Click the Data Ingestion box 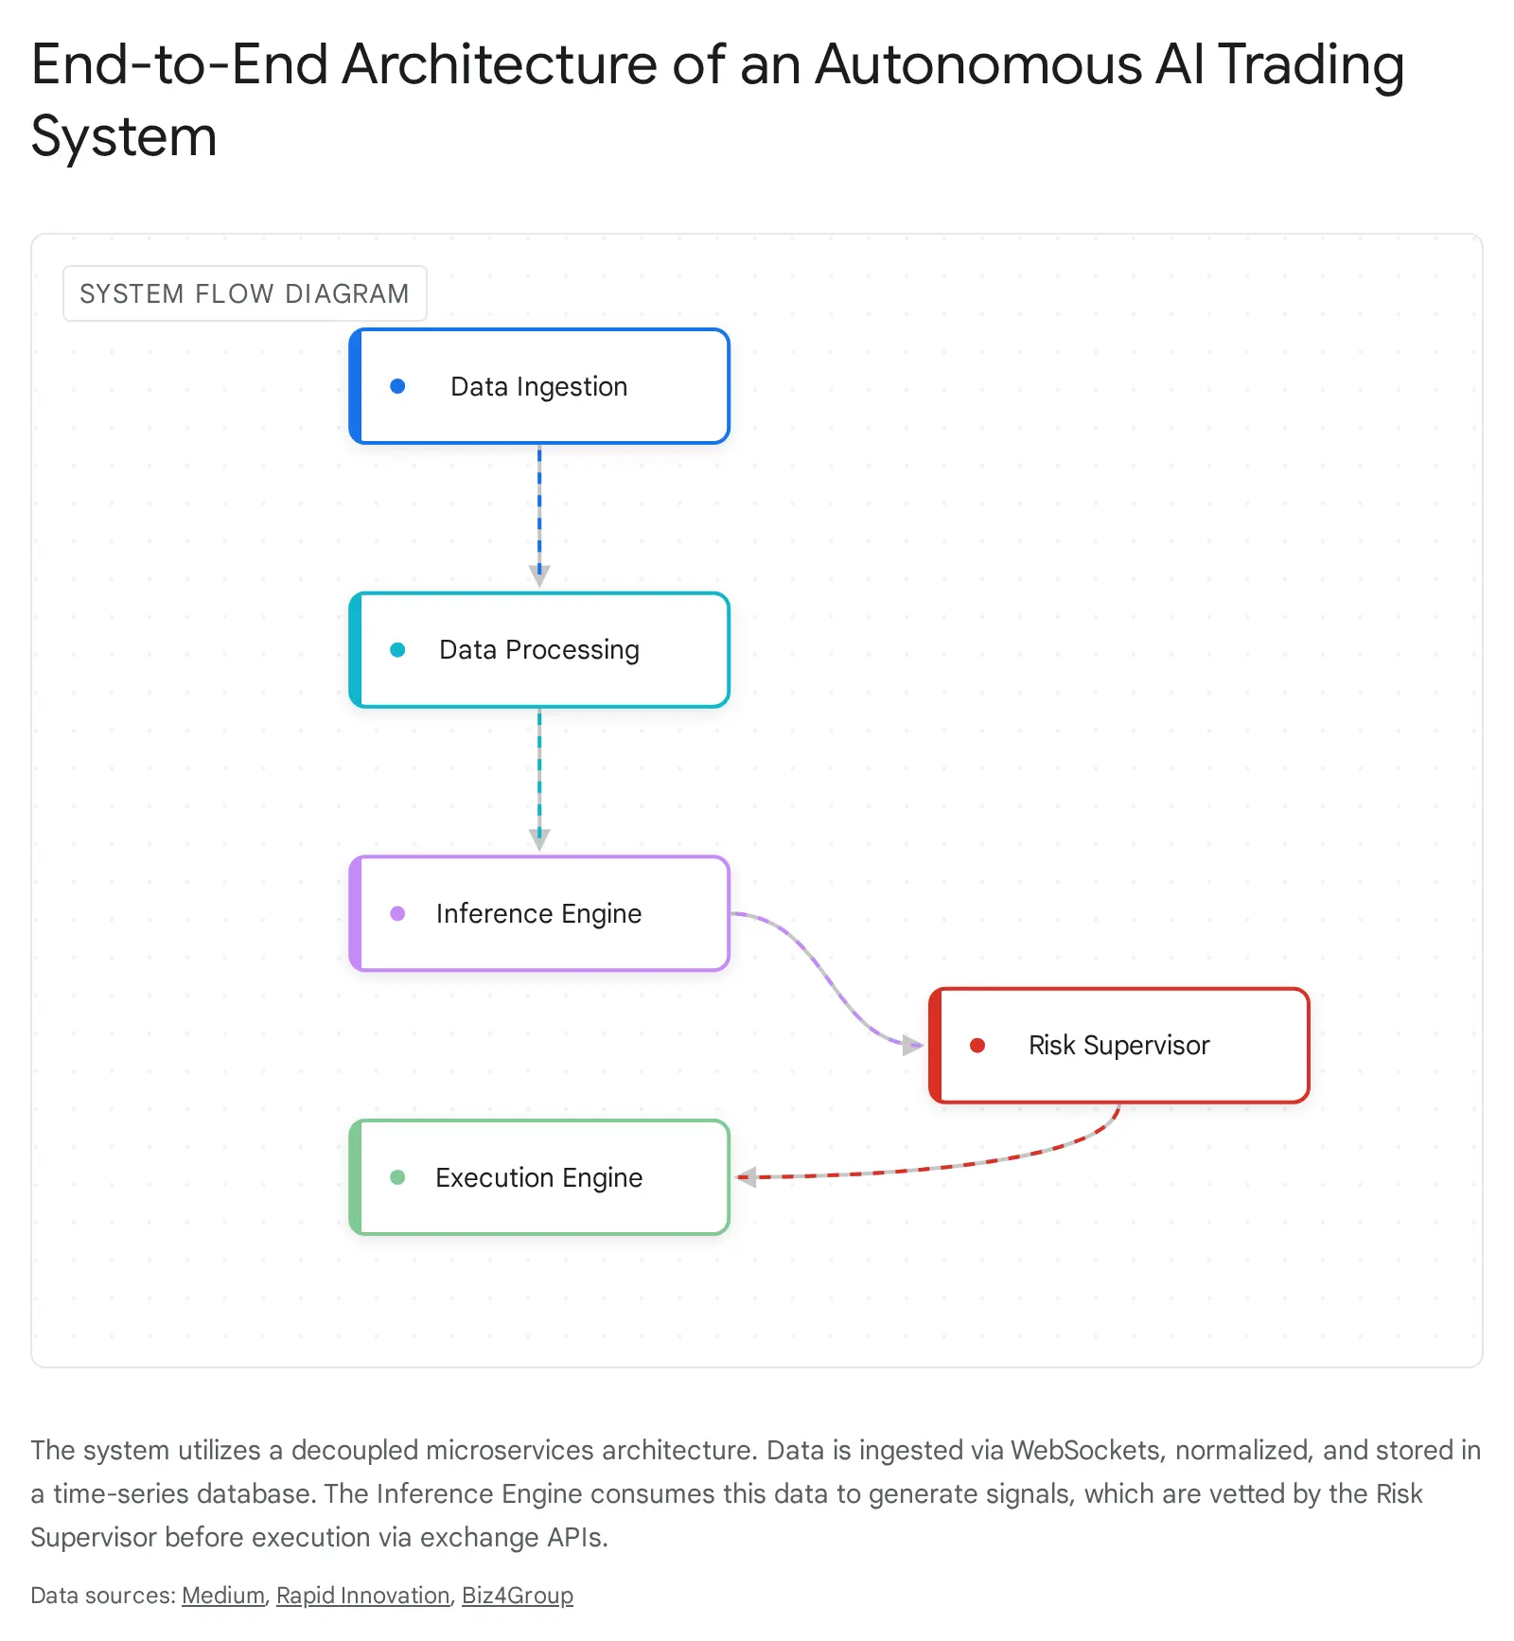(x=539, y=386)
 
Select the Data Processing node (x=539, y=650)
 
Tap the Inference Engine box (x=539, y=913)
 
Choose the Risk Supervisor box (x=1119, y=1045)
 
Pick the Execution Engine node (x=539, y=1177)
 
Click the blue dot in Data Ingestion (x=397, y=386)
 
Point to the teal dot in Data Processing (x=397, y=650)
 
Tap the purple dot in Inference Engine (x=397, y=913)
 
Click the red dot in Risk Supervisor (x=977, y=1045)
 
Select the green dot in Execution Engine (x=397, y=1177)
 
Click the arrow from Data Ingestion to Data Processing (x=539, y=516)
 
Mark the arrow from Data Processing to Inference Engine (x=539, y=779)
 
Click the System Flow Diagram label (x=244, y=293)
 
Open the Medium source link (x=223, y=1596)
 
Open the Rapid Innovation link (x=362, y=1596)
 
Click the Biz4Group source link (x=518, y=1596)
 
